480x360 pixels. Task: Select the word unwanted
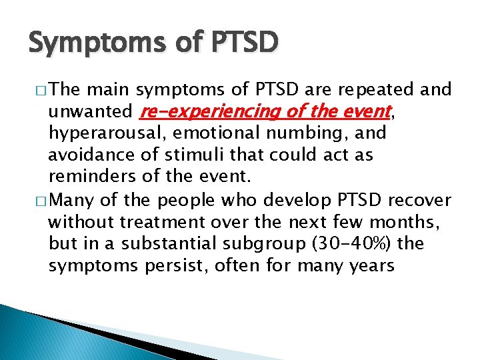[89, 111]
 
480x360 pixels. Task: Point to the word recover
[425, 200]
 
